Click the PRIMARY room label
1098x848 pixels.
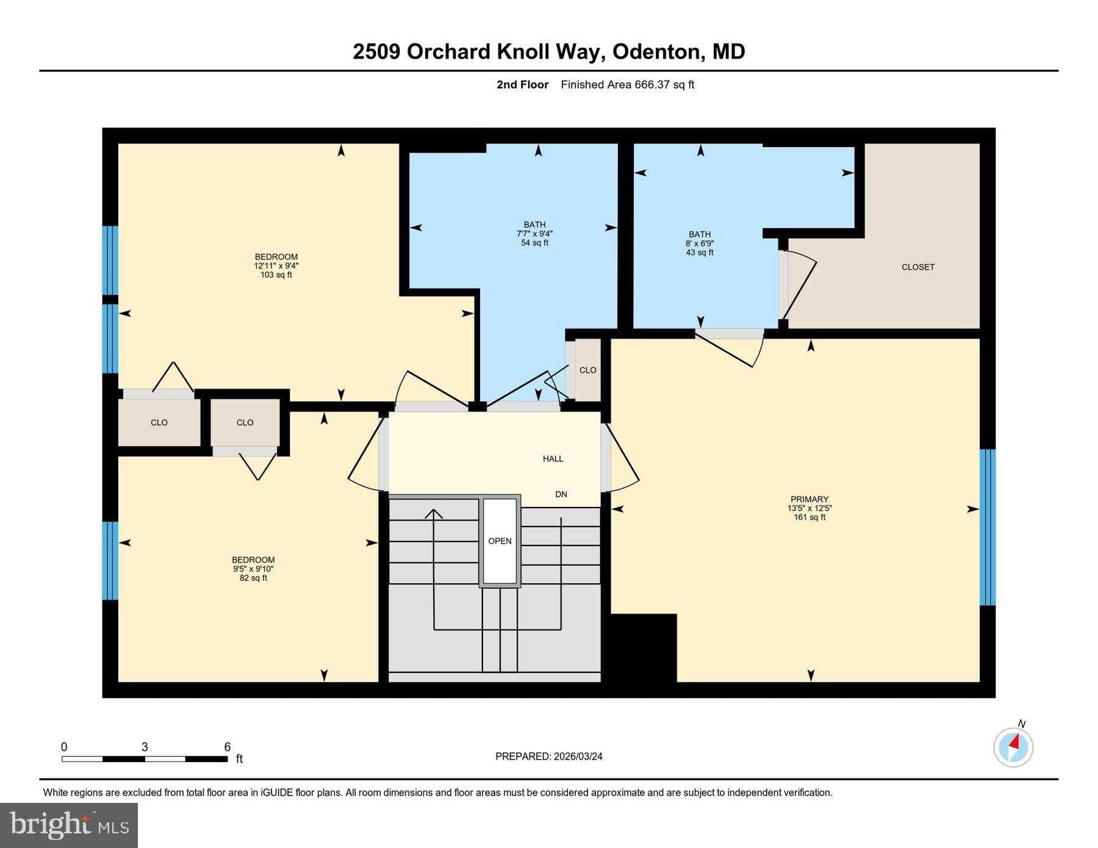coord(809,499)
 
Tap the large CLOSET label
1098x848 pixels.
coord(917,267)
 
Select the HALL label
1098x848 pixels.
coord(553,459)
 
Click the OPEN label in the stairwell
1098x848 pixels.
coord(500,541)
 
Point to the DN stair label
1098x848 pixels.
coord(561,494)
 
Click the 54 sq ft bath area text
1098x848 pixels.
coord(534,243)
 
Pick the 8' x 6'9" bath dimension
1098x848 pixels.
coord(700,243)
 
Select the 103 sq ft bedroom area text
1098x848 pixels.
coord(276,275)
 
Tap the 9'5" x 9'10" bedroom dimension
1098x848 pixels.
coord(253,569)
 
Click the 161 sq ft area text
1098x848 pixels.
coord(809,517)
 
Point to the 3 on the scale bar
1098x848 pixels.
coord(145,747)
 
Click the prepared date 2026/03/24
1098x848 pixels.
coord(578,756)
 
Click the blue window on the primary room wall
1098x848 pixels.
coord(988,527)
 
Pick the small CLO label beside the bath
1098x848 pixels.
coord(587,370)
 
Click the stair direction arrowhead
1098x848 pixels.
coord(434,514)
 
